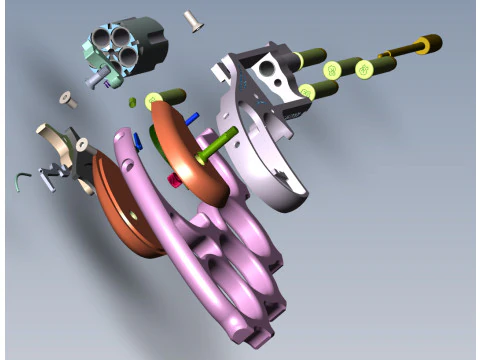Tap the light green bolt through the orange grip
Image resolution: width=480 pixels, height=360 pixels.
[214, 149]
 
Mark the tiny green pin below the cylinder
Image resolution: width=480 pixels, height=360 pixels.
[132, 102]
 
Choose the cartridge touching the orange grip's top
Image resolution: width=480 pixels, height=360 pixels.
[165, 98]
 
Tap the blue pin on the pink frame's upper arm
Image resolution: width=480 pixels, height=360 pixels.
[140, 140]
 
